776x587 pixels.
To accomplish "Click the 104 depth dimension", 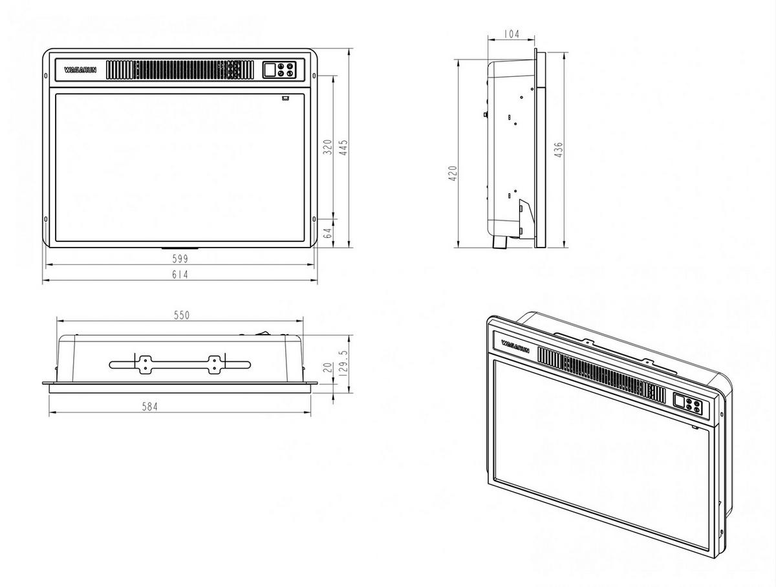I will [511, 34].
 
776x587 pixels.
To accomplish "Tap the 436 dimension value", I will [559, 150].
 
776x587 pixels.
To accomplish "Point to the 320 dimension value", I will [327, 147].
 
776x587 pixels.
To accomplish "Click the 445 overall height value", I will [343, 147].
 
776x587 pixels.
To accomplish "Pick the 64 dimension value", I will [327, 232].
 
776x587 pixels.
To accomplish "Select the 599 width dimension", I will [180, 259].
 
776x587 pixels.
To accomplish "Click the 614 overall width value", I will [180, 275].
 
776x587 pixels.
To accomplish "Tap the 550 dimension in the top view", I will [181, 315].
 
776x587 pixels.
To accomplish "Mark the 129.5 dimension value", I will [343, 365].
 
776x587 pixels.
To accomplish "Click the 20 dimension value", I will [327, 367].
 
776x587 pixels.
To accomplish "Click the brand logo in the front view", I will [80, 70].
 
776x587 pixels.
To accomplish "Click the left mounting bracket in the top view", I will [144, 364].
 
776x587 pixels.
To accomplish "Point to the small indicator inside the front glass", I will [285, 99].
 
